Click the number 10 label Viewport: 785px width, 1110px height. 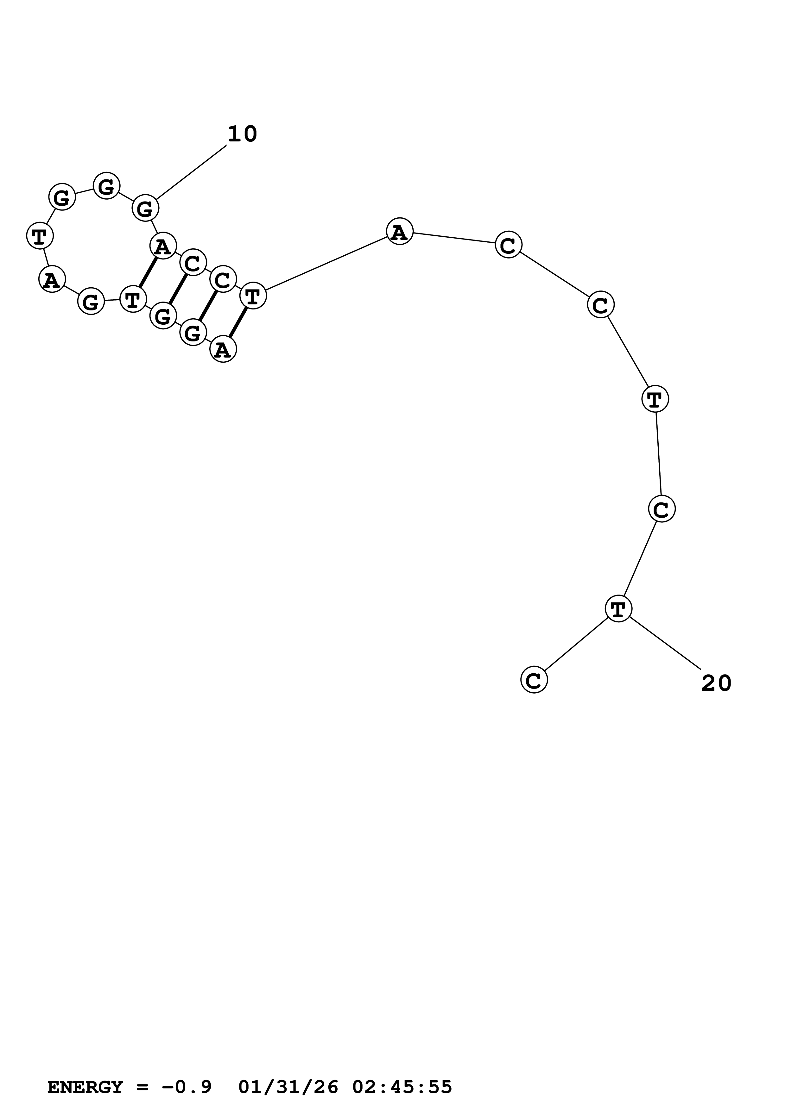(x=242, y=134)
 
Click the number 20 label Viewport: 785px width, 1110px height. (x=716, y=683)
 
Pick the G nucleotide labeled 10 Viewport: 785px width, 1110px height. (x=145, y=209)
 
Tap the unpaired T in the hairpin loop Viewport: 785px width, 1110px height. (x=40, y=236)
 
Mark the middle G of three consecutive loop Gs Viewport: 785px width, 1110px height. (x=106, y=186)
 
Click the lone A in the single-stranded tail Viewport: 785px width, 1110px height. (x=400, y=232)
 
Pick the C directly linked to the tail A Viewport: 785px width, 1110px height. (x=508, y=245)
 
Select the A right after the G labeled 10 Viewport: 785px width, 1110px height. (x=163, y=246)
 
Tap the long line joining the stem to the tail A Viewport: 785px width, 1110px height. (x=326, y=264)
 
